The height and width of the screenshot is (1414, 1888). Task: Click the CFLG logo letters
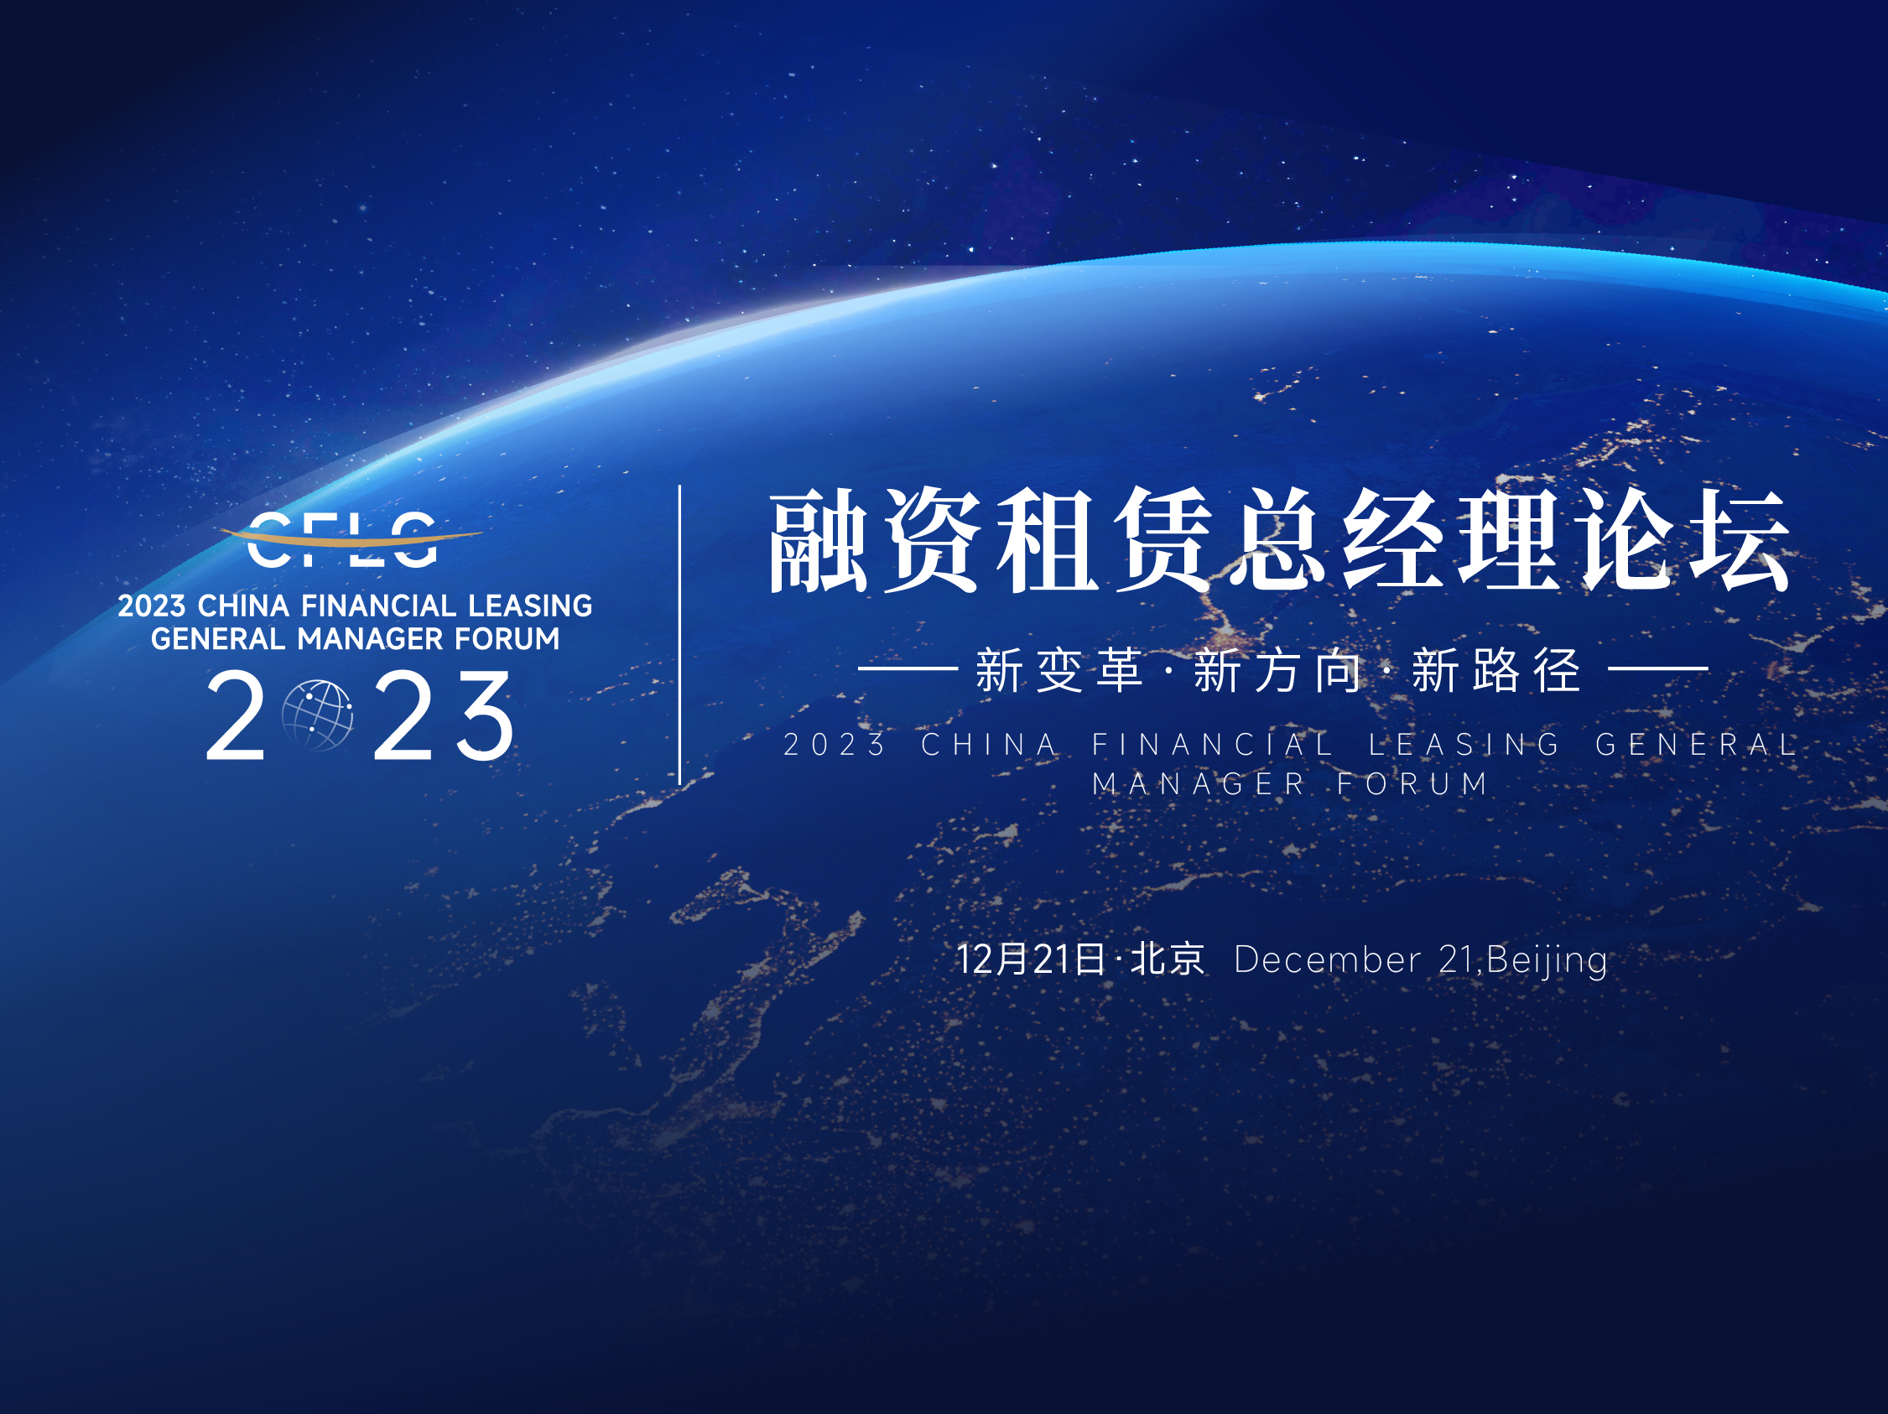tap(342, 539)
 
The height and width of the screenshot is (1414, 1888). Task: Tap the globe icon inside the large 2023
tap(318, 715)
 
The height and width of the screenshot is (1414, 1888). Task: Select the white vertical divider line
tap(679, 635)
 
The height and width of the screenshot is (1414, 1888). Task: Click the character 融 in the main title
tap(819, 541)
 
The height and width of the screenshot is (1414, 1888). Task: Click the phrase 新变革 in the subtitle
tap(1059, 670)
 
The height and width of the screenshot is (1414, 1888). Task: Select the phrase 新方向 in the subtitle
tap(1277, 670)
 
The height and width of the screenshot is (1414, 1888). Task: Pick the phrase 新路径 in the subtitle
tap(1496, 670)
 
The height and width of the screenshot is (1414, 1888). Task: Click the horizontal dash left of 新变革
tap(908, 669)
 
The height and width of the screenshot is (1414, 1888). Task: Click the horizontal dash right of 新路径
tap(1658, 669)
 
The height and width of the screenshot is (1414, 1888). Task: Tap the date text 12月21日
tap(1031, 959)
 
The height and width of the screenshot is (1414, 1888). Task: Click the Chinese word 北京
tap(1168, 959)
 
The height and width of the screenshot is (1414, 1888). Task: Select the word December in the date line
tap(1327, 960)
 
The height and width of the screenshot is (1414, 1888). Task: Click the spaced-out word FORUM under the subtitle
tap(1412, 783)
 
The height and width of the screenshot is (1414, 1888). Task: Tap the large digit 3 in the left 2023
tap(485, 715)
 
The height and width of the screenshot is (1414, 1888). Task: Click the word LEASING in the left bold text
tap(530, 606)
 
